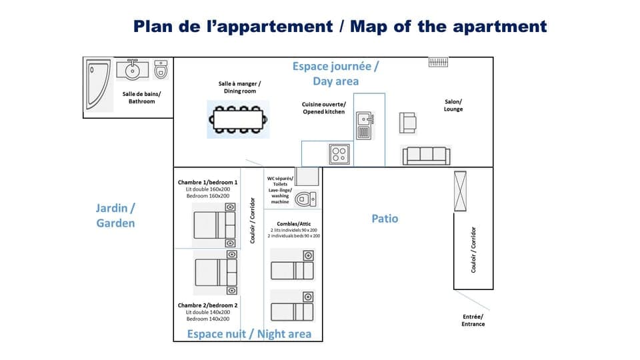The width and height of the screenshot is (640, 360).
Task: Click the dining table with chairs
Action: click(x=238, y=119)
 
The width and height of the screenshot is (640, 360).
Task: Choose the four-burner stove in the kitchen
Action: click(x=339, y=154)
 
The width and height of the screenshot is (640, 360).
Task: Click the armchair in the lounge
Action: click(x=408, y=123)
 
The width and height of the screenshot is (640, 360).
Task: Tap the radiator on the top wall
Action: click(x=438, y=63)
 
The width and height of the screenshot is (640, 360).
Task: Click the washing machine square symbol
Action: click(x=307, y=177)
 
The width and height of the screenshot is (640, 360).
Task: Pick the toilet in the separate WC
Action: click(x=306, y=199)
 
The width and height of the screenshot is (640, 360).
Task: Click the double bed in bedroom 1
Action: click(x=215, y=225)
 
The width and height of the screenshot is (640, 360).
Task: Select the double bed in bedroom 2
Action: click(x=215, y=273)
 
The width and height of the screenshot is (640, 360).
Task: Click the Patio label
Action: click(x=385, y=219)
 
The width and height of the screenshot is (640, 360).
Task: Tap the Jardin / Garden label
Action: click(x=115, y=215)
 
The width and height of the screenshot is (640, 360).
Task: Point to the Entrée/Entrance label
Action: click(x=473, y=321)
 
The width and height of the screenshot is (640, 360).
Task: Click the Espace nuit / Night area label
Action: click(x=249, y=334)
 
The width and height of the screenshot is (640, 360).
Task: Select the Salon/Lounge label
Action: click(x=453, y=105)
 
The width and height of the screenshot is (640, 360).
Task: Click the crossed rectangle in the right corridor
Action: click(x=461, y=191)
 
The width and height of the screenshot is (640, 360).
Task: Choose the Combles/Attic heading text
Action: click(x=293, y=224)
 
